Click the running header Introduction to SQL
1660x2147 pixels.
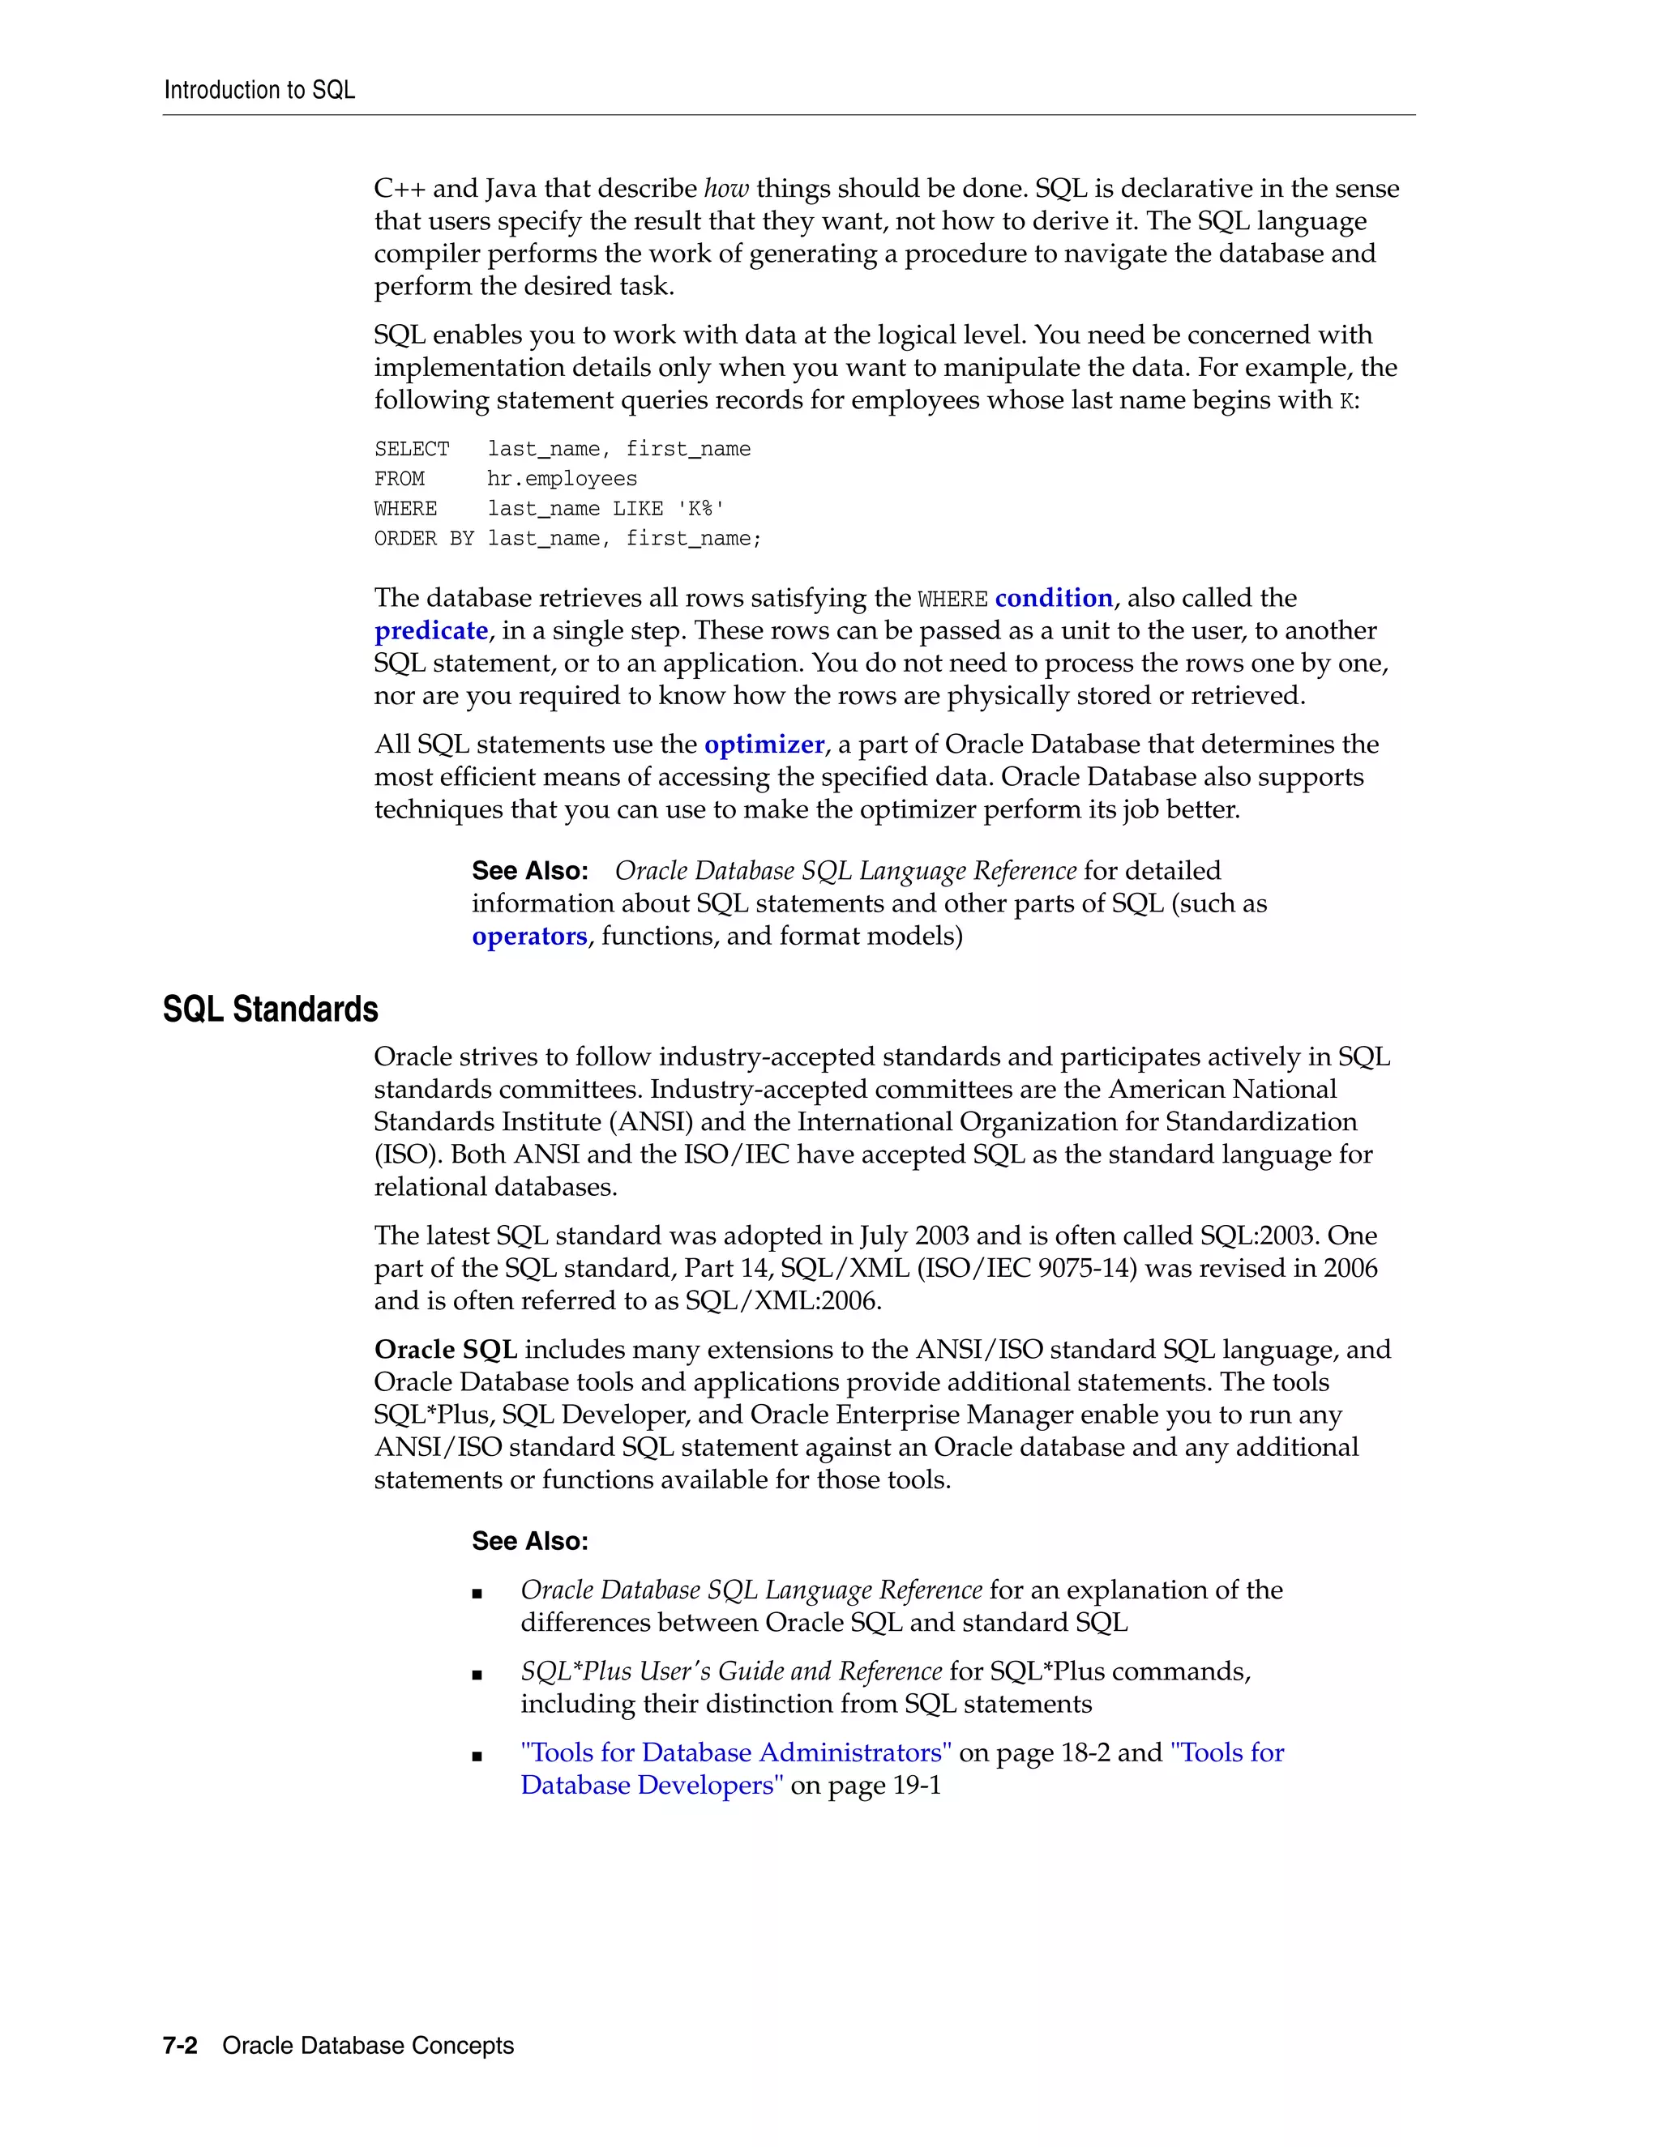point(259,91)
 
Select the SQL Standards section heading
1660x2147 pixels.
point(271,1009)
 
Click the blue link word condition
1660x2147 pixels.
point(1053,598)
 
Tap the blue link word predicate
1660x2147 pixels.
point(430,630)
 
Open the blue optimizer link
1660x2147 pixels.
point(764,745)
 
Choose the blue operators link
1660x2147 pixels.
point(529,936)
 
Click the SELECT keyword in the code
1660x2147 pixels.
point(411,450)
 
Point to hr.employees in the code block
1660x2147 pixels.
point(562,479)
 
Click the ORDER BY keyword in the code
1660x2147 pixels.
point(424,539)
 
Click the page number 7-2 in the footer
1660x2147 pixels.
point(180,2046)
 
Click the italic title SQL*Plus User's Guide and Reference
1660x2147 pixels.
point(730,1671)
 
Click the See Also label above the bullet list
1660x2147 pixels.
point(529,1542)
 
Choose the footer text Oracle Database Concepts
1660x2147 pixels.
point(368,2046)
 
